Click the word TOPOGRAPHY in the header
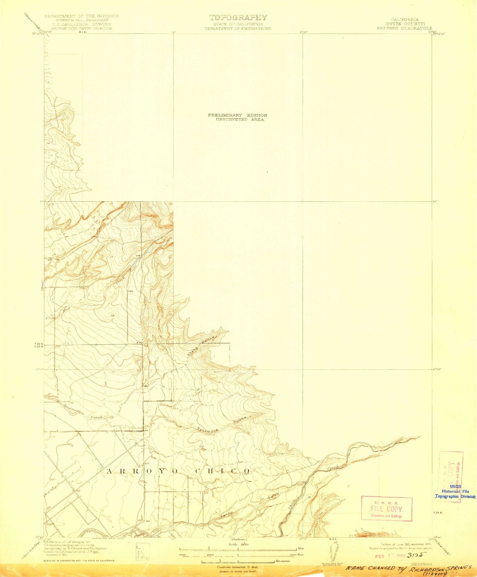[238, 18]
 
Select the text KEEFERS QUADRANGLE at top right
[404, 28]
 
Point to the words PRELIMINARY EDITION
[237, 115]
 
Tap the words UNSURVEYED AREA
[240, 119]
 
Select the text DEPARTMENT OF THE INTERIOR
[82, 16]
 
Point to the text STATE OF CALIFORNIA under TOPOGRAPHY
[238, 24]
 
